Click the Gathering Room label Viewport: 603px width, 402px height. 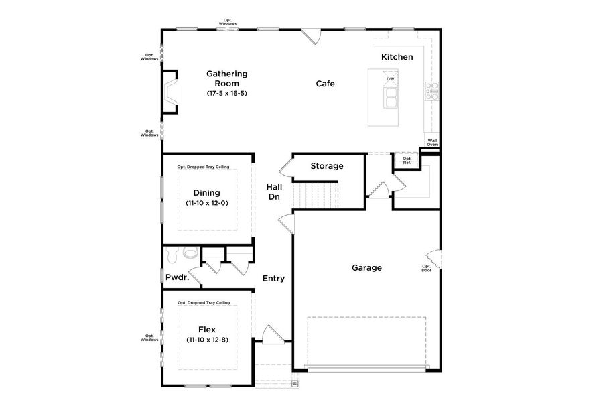[x=227, y=78]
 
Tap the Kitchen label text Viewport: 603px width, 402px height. [x=397, y=57]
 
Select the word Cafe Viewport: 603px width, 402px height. [x=326, y=84]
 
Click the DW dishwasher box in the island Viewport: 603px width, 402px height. [x=390, y=79]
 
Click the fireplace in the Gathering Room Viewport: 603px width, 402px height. [x=171, y=90]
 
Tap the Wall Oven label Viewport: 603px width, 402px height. [x=433, y=142]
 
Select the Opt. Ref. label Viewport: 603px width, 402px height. [x=407, y=161]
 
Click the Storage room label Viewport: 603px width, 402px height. [x=327, y=166]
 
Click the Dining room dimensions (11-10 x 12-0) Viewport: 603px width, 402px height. [x=207, y=203]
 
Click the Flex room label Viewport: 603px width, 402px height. [x=207, y=329]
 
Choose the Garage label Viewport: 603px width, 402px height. [x=366, y=268]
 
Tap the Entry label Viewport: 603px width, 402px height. [x=273, y=279]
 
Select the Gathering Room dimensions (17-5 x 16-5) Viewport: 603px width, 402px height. [x=227, y=94]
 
